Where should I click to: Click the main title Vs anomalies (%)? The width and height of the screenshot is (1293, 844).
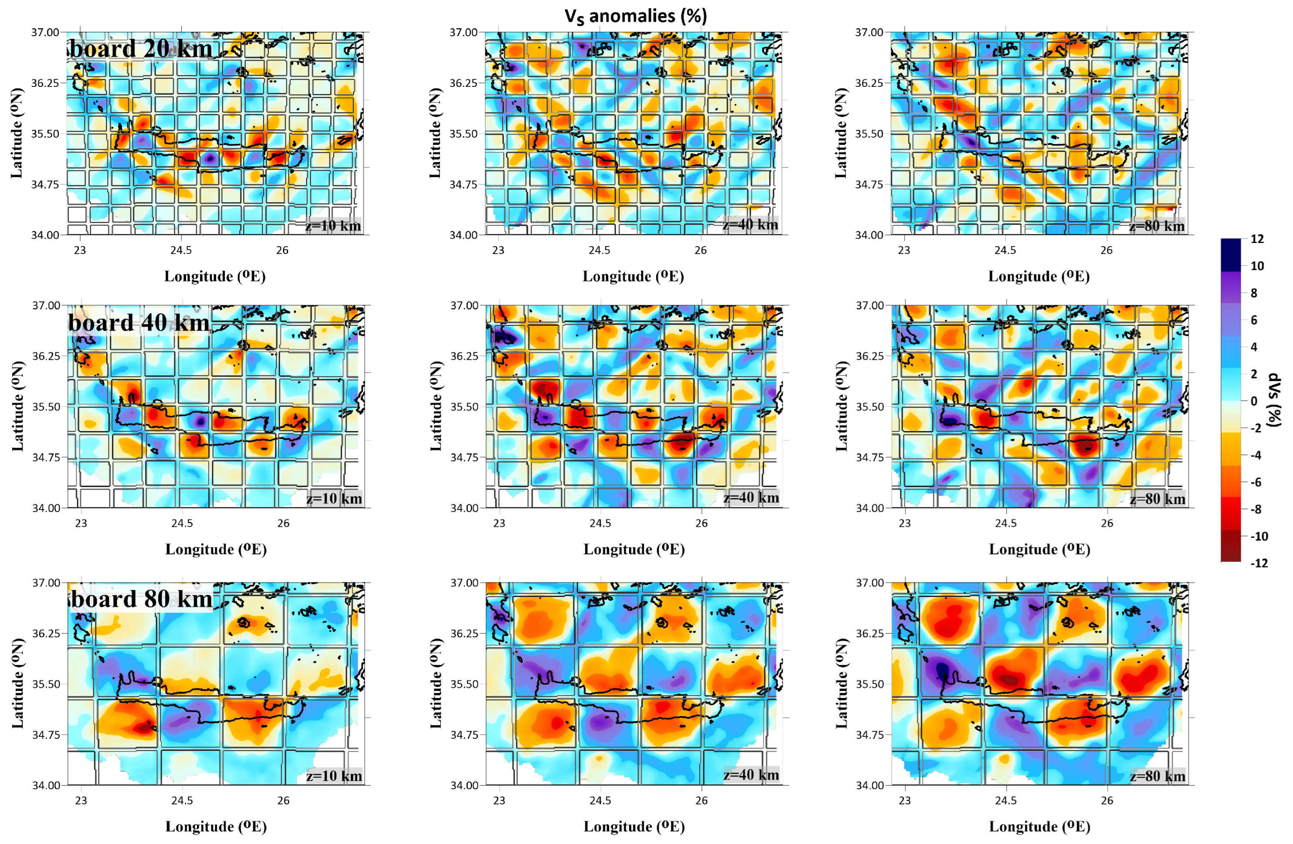click(636, 16)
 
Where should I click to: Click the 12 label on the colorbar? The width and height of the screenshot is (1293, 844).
click(1257, 239)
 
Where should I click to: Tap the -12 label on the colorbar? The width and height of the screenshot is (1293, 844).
click(1259, 563)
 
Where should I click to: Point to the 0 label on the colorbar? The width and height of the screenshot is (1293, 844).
click(1253, 401)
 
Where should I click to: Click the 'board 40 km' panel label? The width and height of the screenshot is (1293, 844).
click(139, 323)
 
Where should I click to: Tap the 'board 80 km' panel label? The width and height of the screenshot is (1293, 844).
click(142, 598)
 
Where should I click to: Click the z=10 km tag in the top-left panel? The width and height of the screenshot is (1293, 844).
click(333, 226)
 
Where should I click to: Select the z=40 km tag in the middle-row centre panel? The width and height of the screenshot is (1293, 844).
click(751, 497)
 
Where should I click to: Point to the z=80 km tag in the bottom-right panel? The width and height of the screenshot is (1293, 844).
click(1157, 776)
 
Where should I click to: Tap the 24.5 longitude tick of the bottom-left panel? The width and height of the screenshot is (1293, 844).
click(182, 800)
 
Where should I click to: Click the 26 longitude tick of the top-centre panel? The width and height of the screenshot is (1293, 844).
click(701, 250)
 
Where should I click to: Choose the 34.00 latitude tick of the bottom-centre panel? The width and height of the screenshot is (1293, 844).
click(464, 785)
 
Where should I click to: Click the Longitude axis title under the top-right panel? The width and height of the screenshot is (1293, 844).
click(1039, 276)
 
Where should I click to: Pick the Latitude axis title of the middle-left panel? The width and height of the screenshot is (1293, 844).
click(17, 406)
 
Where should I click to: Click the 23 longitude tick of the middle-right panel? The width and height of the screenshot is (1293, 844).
click(905, 523)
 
